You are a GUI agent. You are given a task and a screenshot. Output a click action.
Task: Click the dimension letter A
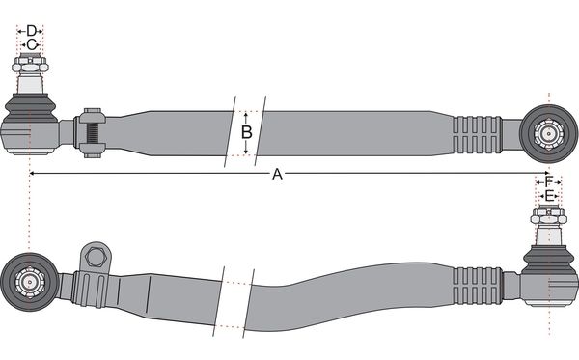point(277,174)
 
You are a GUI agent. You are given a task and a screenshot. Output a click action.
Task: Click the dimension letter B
point(247,132)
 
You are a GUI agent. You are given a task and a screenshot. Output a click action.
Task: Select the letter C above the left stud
point(32,44)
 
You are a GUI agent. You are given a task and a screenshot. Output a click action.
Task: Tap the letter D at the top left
point(32,31)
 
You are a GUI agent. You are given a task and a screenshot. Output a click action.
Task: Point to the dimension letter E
point(549,195)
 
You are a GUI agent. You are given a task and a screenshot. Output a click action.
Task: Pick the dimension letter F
point(549,181)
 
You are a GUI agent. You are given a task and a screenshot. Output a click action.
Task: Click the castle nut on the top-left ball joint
point(30,65)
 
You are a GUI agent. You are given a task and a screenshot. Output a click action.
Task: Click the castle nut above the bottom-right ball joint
point(548,215)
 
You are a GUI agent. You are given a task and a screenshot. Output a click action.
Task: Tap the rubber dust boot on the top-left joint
point(30,107)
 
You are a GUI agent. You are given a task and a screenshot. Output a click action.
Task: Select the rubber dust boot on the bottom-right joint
point(549,259)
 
